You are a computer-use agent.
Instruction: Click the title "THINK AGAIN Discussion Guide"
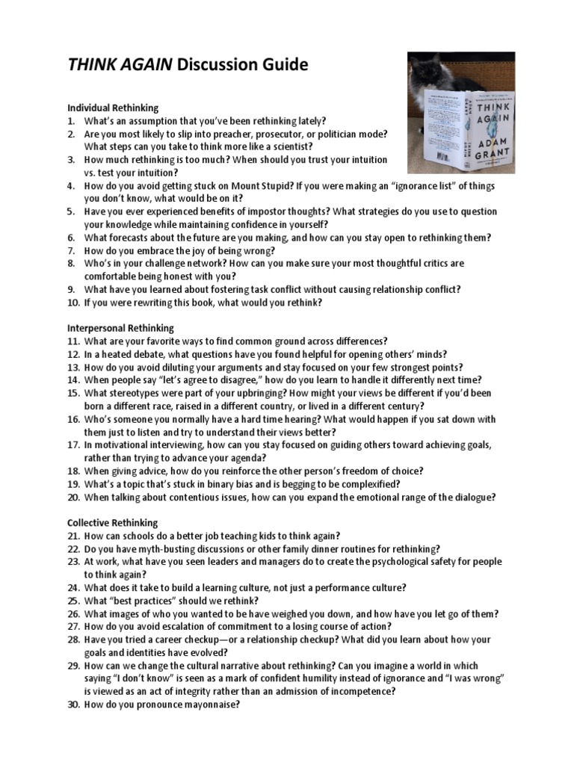(188, 66)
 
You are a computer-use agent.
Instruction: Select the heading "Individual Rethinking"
(113, 108)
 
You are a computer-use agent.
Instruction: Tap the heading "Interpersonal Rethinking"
(120, 327)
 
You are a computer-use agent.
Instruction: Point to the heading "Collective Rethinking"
(113, 522)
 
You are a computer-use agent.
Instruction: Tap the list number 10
(72, 302)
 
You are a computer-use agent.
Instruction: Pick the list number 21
(72, 535)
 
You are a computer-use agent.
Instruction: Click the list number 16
(72, 418)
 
